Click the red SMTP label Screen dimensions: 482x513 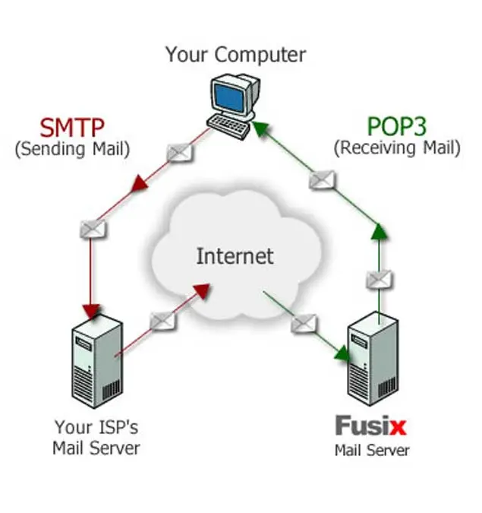pos(72,127)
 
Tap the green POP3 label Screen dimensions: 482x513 pos(397,126)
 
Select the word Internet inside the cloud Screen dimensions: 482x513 pos(235,256)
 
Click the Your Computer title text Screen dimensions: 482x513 pos(235,55)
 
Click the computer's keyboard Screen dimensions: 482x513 pos(228,127)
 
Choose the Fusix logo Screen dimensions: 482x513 pos(371,426)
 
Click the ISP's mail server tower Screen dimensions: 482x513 pos(97,361)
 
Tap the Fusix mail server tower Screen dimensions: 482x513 pos(373,359)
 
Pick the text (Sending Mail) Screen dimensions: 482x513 pos(73,149)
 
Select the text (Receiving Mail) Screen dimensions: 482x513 pos(397,148)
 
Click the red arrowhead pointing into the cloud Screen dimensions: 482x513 pos(202,291)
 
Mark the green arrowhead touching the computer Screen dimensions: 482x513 pos(260,128)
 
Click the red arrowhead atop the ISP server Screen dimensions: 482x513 pos(91,312)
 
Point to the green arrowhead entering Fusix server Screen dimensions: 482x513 pos(342,354)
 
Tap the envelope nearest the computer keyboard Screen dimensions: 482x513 pos(180,153)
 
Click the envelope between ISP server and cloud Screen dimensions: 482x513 pos(162,321)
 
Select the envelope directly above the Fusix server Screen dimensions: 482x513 pos(379,280)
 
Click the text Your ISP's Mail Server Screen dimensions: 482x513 pos(96,438)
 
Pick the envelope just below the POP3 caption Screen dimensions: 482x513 pos(322,180)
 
